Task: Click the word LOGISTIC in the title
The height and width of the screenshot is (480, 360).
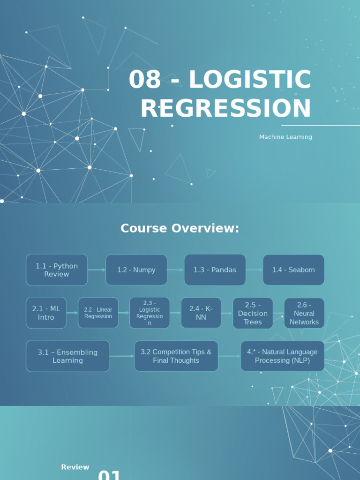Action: pos(250,80)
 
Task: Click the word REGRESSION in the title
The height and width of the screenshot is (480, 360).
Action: pos(225,108)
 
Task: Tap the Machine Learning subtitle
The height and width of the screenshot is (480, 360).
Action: pos(285,137)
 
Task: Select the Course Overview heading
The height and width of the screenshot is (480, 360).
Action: pos(180,228)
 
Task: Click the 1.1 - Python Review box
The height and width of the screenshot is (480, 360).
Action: pos(57,270)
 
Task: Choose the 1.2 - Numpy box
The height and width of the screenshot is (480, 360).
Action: pos(136,270)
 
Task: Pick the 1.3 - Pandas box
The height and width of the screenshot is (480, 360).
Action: pos(215,270)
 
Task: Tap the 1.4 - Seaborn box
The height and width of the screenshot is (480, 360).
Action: pos(293,270)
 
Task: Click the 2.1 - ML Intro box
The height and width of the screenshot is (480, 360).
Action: pos(46,313)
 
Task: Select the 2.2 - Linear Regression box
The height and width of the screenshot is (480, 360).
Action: pos(98,313)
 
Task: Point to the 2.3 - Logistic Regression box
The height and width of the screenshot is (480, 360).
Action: pos(150,313)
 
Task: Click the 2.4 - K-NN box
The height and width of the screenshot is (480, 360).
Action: pos(201,313)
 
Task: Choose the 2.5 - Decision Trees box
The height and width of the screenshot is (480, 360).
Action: pos(253,313)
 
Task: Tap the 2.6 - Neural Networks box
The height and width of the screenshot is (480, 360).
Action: pos(304,313)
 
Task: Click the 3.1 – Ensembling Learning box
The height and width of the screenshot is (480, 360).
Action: pos(68,356)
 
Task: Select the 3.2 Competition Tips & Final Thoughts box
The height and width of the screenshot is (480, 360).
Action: pos(176,356)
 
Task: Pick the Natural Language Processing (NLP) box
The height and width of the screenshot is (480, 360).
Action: pos(282,356)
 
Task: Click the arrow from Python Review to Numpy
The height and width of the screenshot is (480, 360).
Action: pos(97,270)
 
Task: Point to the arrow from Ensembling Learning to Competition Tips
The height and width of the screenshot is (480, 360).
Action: pos(122,356)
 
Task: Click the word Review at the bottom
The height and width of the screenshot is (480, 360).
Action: pos(75,467)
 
